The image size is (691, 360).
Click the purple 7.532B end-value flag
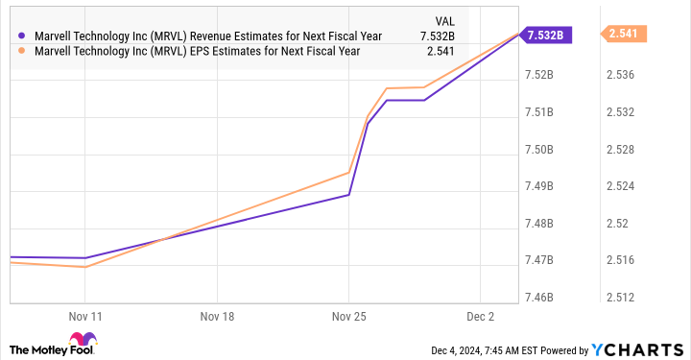point(547,36)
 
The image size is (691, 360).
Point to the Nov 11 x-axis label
point(85,315)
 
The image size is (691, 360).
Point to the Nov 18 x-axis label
point(217,315)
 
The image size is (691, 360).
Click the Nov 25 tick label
point(348,315)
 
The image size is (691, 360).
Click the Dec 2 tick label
point(481,315)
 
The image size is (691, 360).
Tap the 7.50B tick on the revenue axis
point(543,150)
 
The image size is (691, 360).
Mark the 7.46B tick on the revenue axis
point(543,298)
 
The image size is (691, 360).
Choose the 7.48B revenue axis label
point(543,224)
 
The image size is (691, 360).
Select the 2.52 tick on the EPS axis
point(618,224)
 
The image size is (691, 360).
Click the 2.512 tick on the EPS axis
point(621,298)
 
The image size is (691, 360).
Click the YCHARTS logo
point(646,349)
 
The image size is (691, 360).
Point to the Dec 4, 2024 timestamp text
point(484,349)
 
